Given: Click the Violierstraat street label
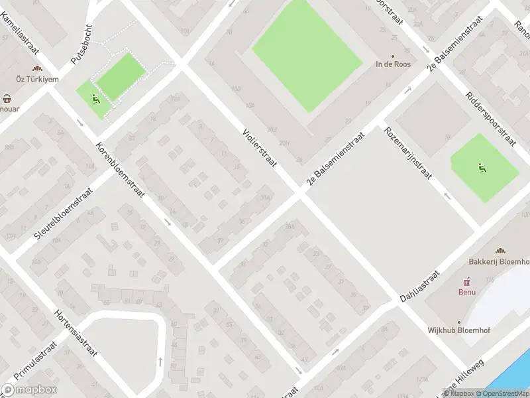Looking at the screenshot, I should click(259, 147).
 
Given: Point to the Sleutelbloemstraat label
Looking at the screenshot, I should click(64, 214).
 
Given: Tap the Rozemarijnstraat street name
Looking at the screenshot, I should click(408, 153).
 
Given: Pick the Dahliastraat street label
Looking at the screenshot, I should click(421, 287).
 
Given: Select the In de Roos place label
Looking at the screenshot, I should click(393, 64).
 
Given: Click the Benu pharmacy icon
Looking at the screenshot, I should click(467, 280).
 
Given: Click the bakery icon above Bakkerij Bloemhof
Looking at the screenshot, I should click(500, 250).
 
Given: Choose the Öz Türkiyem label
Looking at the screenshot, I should click(38, 79).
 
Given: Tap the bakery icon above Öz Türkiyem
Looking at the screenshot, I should click(38, 68).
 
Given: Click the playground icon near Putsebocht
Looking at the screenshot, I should click(97, 99).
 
